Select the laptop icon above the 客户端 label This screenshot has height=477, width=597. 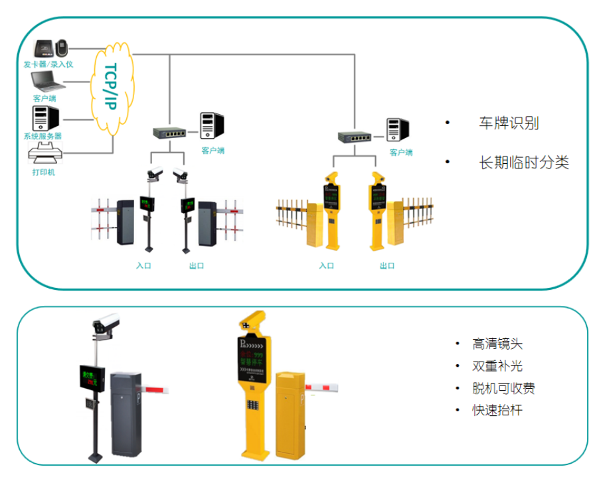coord(46,83)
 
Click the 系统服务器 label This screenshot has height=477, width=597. coord(43,136)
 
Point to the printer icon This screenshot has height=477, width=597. coord(45,157)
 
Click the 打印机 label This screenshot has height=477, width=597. coord(44,172)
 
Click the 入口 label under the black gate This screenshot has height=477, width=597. coord(143,265)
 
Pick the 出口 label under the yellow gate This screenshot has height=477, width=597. coord(387,265)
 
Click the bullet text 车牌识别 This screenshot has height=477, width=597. coord(509,123)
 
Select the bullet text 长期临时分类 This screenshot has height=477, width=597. coord(524,163)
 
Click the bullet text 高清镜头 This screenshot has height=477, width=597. coord(497,344)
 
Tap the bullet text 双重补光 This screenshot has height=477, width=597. coord(497,366)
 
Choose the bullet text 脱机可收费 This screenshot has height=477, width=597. coord(503,388)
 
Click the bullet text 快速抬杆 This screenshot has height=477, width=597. coord(497,410)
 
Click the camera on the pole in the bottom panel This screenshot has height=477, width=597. coord(106,323)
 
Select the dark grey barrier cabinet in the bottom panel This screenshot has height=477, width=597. coord(126,414)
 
